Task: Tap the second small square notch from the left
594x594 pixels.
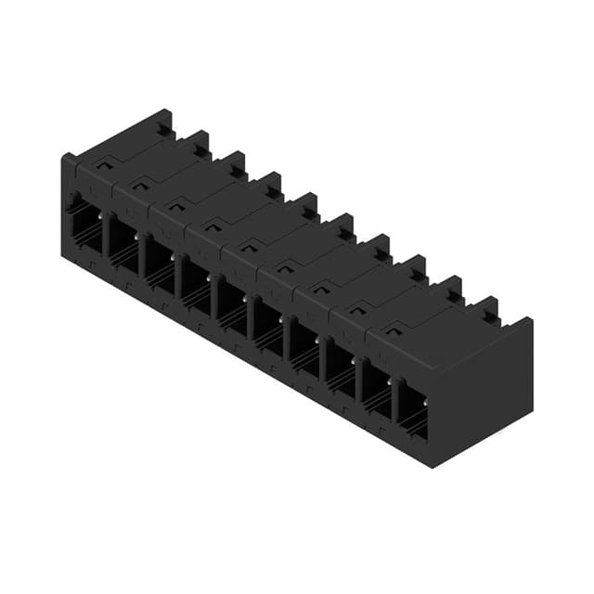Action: (141, 186)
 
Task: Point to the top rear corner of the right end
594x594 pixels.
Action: (532, 318)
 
